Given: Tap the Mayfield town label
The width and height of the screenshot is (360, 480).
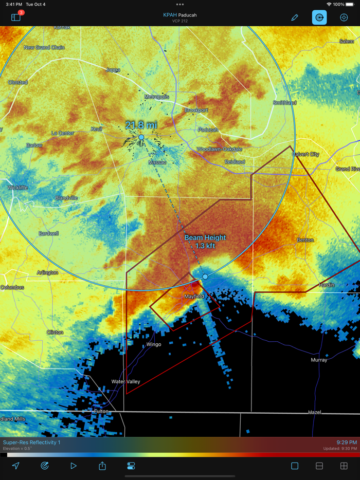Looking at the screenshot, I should tap(194, 297).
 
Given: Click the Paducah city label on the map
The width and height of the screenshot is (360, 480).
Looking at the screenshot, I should tap(208, 130).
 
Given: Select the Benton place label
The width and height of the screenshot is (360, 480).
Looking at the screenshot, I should tap(305, 240).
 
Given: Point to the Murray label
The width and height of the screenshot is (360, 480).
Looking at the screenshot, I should tap(319, 360).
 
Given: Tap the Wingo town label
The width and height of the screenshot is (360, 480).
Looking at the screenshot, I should tap(154, 344).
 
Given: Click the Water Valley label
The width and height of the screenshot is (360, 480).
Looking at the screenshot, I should tap(125, 381).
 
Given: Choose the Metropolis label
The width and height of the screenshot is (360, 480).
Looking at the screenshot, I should tap(157, 97).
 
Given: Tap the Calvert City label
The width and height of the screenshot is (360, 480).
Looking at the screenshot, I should tap(305, 154).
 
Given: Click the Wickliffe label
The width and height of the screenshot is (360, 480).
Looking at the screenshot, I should tap(18, 188).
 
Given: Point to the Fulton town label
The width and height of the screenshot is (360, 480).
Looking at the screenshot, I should tap(101, 411).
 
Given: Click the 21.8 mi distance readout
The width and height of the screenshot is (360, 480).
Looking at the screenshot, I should tap(141, 125).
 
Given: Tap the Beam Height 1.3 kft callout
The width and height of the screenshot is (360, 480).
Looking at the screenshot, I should tap(205, 242).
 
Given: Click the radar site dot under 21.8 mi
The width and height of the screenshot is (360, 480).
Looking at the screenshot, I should tap(141, 137).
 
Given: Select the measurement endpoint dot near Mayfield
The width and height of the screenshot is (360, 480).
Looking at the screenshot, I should tap(205, 276).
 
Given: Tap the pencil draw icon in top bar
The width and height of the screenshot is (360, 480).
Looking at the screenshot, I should tap(295, 17).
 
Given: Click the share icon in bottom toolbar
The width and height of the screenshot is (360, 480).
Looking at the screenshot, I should tap(102, 466).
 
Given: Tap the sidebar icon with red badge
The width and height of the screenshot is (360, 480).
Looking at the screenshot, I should tap(16, 17).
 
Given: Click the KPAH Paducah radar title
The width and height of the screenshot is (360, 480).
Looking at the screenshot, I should tap(180, 15).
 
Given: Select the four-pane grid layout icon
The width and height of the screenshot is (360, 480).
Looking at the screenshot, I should tap(344, 466).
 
